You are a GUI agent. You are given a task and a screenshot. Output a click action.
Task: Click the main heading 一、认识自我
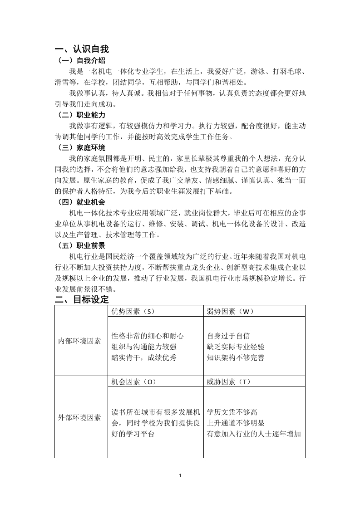pyautogui.click(x=82, y=49)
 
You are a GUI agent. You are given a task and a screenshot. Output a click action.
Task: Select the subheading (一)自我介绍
pyautogui.click(x=81, y=60)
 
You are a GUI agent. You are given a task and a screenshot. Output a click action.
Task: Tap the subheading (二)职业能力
pyautogui.click(x=81, y=115)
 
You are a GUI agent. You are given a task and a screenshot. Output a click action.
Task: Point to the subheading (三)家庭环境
pyautogui.click(x=81, y=148)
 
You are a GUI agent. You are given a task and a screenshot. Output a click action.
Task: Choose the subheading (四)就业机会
pyautogui.click(x=81, y=202)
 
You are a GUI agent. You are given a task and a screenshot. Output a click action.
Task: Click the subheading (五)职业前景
pyautogui.click(x=81, y=245)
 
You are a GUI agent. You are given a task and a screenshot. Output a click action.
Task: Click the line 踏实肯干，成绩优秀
pyautogui.click(x=144, y=358)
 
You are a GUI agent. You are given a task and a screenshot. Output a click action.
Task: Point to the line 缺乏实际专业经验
pyautogui.click(x=236, y=347)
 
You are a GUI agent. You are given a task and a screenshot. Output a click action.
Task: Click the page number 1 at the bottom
pyautogui.click(x=180, y=476)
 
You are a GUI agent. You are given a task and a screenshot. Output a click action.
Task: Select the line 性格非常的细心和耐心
pyautogui.click(x=148, y=336)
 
